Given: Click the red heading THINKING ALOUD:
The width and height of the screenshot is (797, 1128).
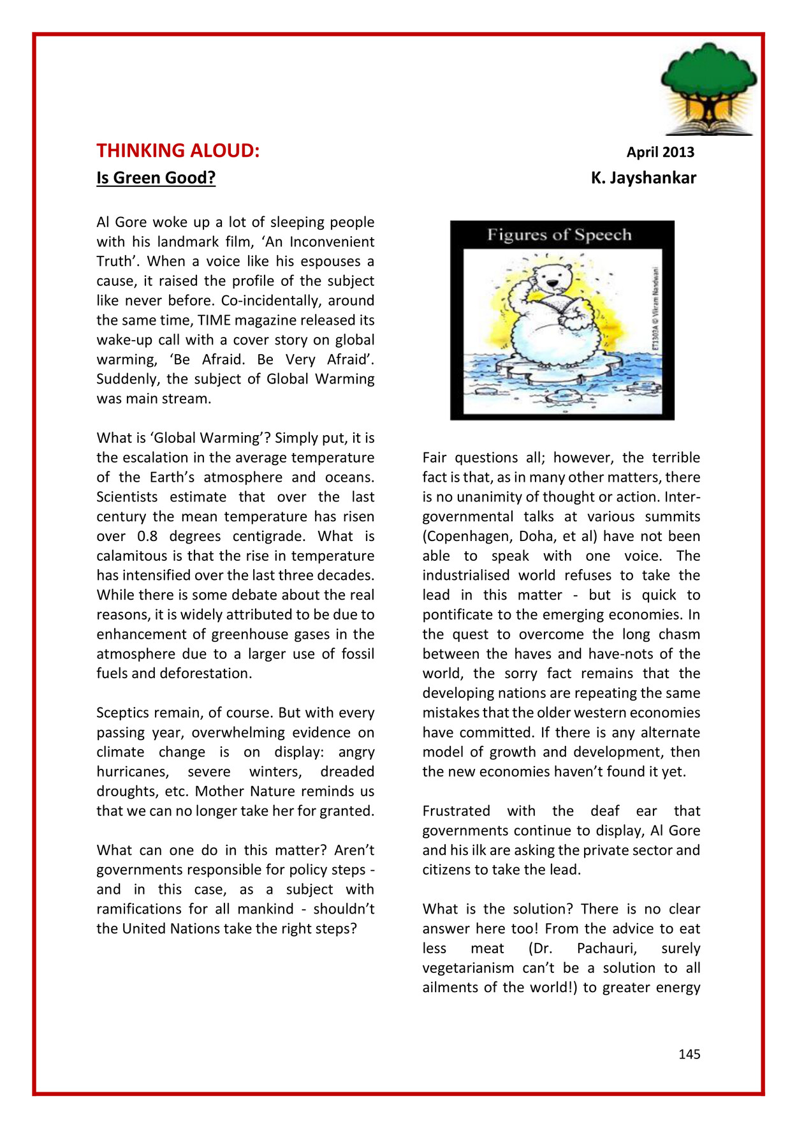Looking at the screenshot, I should [178, 151].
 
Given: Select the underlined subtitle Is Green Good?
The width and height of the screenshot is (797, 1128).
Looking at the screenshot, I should [156, 177].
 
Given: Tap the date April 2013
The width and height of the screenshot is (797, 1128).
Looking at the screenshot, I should [660, 152].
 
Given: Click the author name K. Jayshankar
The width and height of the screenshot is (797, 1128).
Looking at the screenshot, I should [643, 177].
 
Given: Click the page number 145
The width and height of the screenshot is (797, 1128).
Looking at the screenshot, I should [689, 1054].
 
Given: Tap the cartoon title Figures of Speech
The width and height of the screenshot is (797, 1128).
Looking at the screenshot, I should [559, 235].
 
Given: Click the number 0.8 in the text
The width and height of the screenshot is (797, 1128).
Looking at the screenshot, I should [147, 536].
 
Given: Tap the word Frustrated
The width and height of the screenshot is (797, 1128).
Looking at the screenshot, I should [456, 811].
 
